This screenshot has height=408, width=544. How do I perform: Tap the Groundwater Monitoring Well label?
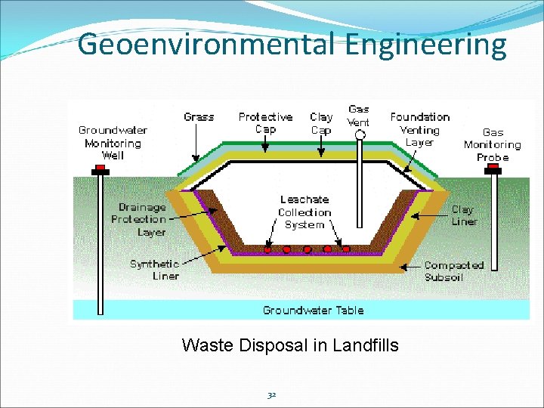pyautogui.click(x=113, y=143)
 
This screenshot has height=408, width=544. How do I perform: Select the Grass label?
pyautogui.click(x=199, y=117)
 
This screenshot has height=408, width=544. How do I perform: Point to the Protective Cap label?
pyautogui.click(x=265, y=123)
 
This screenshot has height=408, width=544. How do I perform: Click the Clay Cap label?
pyautogui.click(x=321, y=123)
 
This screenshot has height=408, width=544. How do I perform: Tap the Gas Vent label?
pyautogui.click(x=359, y=116)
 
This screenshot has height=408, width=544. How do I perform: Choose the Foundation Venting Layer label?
pyautogui.click(x=419, y=129)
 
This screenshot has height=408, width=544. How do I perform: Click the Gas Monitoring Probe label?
pyautogui.click(x=493, y=144)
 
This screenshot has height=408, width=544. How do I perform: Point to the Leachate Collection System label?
pyautogui.click(x=304, y=212)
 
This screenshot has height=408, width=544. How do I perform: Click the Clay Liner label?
pyautogui.click(x=463, y=215)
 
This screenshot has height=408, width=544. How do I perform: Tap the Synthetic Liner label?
pyautogui.click(x=154, y=270)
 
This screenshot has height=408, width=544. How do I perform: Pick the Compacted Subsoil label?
pyautogui.click(x=453, y=271)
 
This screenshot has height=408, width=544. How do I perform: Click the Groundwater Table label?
pyautogui.click(x=313, y=311)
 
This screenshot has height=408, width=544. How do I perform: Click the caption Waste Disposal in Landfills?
pyautogui.click(x=290, y=345)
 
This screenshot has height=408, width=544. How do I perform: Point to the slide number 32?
pyautogui.click(x=271, y=394)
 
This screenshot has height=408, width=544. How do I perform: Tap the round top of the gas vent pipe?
pyautogui.click(x=360, y=135)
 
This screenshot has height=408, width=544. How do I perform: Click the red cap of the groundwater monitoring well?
pyautogui.click(x=100, y=171)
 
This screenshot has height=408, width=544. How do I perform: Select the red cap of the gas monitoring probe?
pyautogui.click(x=493, y=171)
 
